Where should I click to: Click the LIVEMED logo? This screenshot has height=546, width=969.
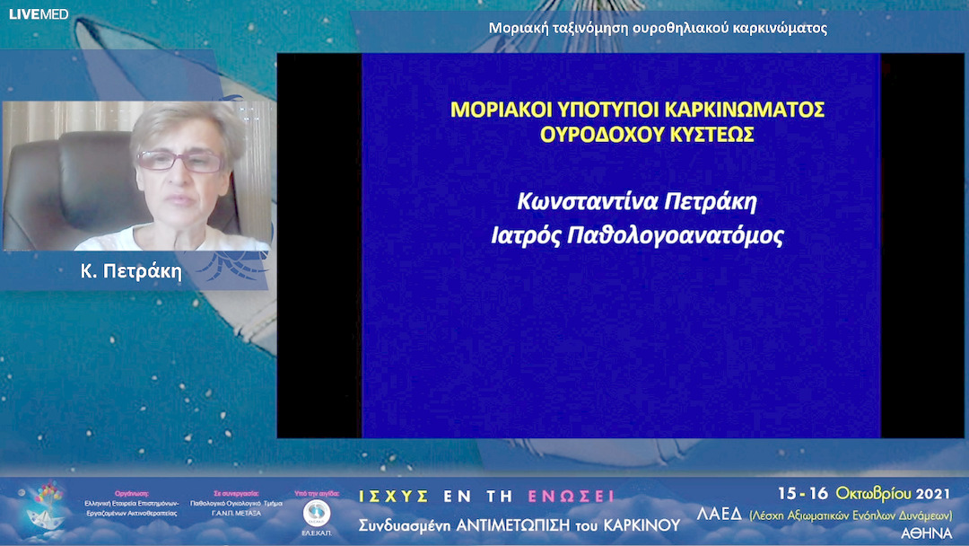(x=39, y=14)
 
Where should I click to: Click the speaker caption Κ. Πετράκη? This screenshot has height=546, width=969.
(x=131, y=272)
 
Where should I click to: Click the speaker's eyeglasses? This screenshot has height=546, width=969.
(x=180, y=161)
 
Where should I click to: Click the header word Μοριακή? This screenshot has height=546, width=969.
(x=518, y=28)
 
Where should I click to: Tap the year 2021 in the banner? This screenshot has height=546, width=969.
(x=935, y=494)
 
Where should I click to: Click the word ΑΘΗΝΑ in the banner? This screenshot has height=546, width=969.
(x=926, y=532)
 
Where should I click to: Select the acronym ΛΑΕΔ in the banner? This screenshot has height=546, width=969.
(x=720, y=514)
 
